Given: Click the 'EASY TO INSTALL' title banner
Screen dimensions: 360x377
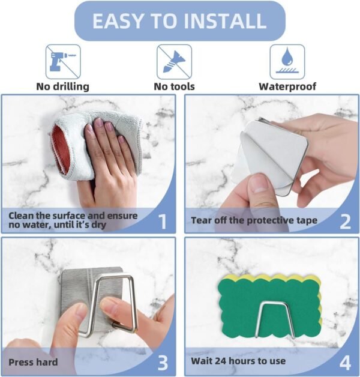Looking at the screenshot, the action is pyautogui.click(x=180, y=20).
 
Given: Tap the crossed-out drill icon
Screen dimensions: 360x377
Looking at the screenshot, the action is pyautogui.click(x=63, y=62).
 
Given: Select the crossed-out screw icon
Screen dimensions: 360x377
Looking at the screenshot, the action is pyautogui.click(x=174, y=62).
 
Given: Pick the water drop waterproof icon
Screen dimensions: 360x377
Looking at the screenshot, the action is pyautogui.click(x=287, y=62).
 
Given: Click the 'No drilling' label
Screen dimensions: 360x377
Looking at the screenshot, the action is pyautogui.click(x=63, y=86).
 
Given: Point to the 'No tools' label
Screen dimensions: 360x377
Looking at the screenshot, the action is pyautogui.click(x=174, y=86).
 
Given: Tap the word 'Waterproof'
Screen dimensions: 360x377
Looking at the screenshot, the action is pyautogui.click(x=287, y=87).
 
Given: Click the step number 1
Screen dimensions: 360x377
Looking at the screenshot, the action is pyautogui.click(x=163, y=222).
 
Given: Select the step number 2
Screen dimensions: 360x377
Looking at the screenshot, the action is pyautogui.click(x=345, y=222).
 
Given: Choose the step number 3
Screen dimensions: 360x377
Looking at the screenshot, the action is pyautogui.click(x=163, y=363).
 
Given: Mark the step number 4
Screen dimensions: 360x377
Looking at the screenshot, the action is pyautogui.click(x=345, y=363).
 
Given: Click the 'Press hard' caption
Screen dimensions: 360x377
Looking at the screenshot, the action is pyautogui.click(x=33, y=362).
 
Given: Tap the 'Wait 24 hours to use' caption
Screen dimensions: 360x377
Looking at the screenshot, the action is pyautogui.click(x=238, y=361).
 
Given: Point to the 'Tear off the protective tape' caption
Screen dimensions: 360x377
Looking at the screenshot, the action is pyautogui.click(x=254, y=220).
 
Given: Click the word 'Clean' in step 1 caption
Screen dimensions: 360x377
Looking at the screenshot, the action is pyautogui.click(x=21, y=216).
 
